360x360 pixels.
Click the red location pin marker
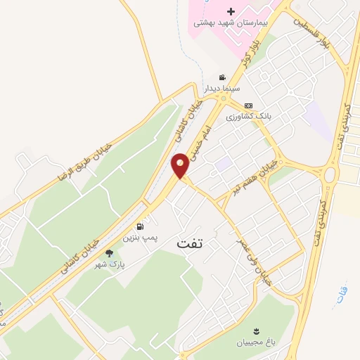[x=180, y=165]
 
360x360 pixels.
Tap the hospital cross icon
[x=231, y=11]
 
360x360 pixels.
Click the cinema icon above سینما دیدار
[x=222, y=77]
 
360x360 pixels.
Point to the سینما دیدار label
[x=222, y=89]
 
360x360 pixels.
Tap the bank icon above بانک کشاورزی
[x=248, y=105]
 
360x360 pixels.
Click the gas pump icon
[x=140, y=227]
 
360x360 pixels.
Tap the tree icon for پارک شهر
[x=108, y=253]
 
